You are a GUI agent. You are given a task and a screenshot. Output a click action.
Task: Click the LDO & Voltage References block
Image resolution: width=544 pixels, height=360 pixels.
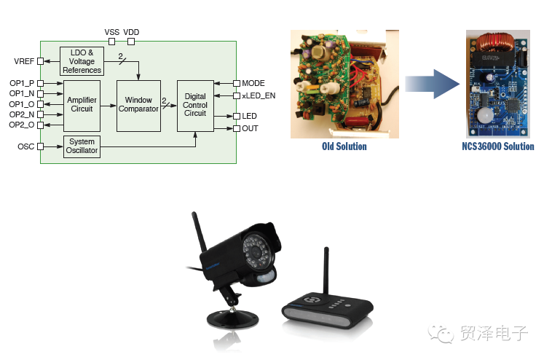coord(82,61)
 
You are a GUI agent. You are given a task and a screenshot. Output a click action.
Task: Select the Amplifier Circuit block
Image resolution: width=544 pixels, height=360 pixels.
coord(82,104)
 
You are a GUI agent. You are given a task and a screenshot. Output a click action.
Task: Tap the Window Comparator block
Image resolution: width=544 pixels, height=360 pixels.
coord(138,105)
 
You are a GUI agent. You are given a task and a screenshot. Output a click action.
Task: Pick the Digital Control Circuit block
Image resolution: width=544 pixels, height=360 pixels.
coord(195,105)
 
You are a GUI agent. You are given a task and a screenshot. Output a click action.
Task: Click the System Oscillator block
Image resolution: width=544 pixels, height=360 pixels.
coord(82,146)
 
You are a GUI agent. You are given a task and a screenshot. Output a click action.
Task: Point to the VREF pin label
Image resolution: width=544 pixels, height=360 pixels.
coord(24,61)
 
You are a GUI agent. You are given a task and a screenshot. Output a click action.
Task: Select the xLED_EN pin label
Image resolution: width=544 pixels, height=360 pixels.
coord(259,95)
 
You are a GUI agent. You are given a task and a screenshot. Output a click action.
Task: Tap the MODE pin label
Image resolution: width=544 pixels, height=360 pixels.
coord(253,84)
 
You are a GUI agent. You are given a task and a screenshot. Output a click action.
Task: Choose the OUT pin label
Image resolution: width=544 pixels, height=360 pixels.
coord(250,129)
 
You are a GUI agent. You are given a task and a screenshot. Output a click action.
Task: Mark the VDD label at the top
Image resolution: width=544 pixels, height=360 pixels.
coord(131,33)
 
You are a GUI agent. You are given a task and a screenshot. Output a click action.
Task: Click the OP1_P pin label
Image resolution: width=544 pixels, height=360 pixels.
coord(22,84)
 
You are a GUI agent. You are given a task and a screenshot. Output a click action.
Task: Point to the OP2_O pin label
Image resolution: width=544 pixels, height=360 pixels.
coord(22,125)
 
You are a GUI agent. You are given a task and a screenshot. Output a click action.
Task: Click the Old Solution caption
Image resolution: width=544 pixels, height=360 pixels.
coord(344,146)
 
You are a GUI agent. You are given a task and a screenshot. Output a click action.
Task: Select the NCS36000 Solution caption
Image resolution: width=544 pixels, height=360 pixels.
coord(497,146)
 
